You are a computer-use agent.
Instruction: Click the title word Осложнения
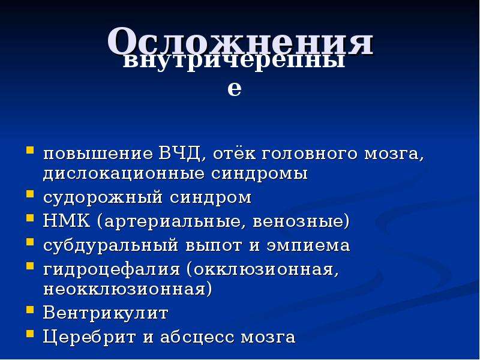click(x=241, y=41)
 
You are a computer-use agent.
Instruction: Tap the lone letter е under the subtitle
click(x=235, y=88)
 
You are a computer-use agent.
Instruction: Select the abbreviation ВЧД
click(x=179, y=154)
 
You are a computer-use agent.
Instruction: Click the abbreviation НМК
click(x=67, y=221)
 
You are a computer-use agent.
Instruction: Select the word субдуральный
click(x=110, y=245)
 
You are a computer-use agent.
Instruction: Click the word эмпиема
click(x=308, y=246)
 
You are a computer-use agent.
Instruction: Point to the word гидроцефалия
click(x=112, y=270)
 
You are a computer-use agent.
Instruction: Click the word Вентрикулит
click(x=106, y=313)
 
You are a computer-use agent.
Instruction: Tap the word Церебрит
click(x=89, y=337)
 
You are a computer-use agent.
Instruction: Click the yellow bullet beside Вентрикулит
click(x=30, y=310)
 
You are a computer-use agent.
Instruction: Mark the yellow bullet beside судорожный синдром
click(x=30, y=194)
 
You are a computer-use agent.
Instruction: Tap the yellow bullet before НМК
click(x=30, y=218)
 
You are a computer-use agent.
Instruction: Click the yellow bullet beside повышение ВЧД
click(x=30, y=151)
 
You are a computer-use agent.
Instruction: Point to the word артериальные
click(x=172, y=221)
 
